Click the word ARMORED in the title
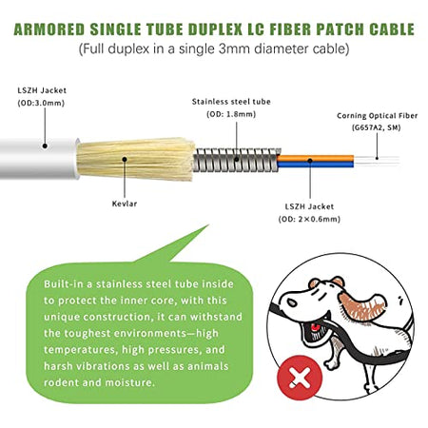[49, 29]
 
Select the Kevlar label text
[125, 204]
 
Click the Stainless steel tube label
[231, 102]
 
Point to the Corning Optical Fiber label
[378, 116]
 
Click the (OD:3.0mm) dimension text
[41, 103]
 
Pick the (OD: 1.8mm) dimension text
[231, 114]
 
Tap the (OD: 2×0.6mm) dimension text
[309, 219]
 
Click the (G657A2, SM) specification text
[377, 127]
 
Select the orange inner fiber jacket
[316, 158]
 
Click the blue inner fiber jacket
[316, 165]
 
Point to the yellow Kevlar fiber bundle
[136, 159]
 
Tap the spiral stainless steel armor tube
[236, 159]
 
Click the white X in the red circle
[300, 378]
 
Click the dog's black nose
[291, 302]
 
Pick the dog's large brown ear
[362, 305]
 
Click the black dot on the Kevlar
[125, 159]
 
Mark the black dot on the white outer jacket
[45, 146]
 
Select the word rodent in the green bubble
[61, 382]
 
